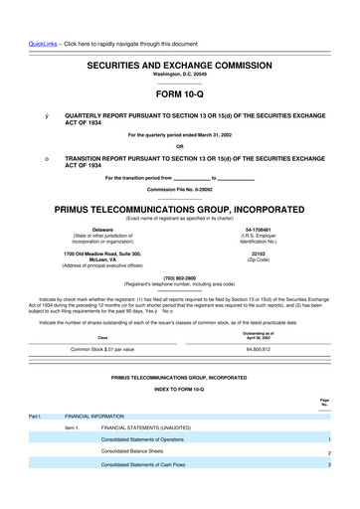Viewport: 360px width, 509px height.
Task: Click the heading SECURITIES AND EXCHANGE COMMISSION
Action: coord(179,63)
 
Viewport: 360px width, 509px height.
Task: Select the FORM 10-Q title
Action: coord(179,95)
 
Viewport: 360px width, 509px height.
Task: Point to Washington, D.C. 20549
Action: coord(179,73)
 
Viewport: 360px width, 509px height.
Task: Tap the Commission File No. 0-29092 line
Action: coord(179,188)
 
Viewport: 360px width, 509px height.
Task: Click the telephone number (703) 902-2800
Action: coord(179,277)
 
